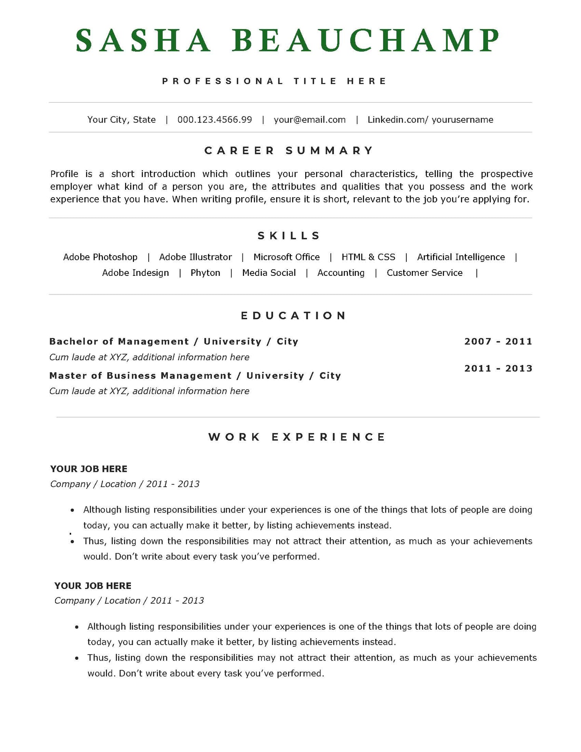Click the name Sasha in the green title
click(143, 41)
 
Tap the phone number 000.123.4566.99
click(215, 120)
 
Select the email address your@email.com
click(309, 120)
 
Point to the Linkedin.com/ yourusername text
click(430, 120)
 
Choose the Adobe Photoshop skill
click(100, 257)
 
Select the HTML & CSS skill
click(368, 257)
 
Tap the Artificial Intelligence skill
click(461, 257)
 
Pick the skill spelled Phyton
click(205, 273)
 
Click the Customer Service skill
click(425, 273)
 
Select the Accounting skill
click(341, 273)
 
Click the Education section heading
click(293, 316)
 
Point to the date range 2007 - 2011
click(498, 342)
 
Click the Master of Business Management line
click(195, 376)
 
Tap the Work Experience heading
click(297, 437)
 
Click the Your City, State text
click(122, 120)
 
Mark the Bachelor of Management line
click(174, 342)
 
